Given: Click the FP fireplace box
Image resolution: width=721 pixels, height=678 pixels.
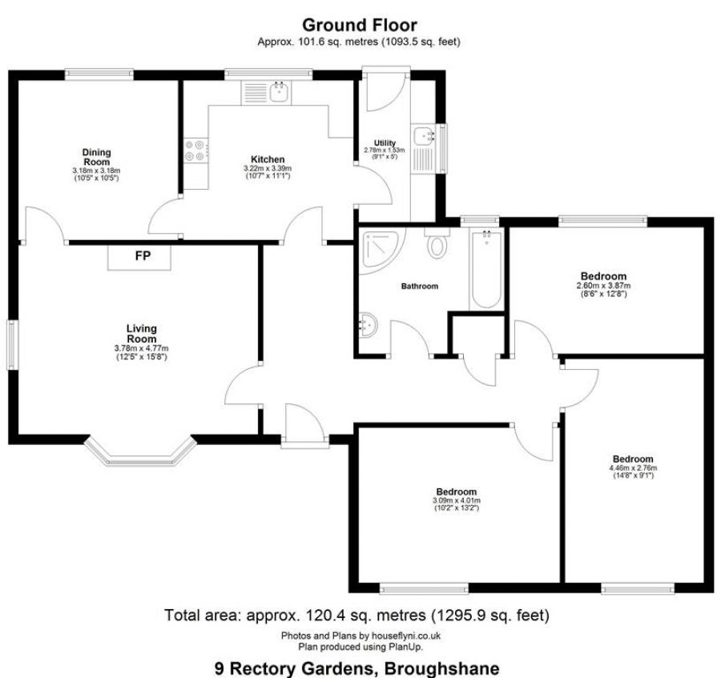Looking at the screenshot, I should (141, 257).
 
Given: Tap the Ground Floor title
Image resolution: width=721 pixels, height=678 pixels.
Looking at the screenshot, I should (359, 26).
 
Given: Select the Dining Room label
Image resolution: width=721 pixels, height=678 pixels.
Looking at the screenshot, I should (96, 156).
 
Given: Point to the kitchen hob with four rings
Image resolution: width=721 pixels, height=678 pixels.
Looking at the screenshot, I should (195, 150).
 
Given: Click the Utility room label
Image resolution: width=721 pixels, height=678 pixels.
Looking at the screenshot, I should (385, 143).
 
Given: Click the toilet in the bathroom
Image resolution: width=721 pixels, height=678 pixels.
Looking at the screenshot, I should (437, 243).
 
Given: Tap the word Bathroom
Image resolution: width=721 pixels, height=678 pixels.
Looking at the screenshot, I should (420, 286).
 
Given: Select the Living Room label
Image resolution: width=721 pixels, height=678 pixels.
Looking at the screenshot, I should (141, 333).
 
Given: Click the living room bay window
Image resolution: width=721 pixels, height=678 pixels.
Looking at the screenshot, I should (141, 452).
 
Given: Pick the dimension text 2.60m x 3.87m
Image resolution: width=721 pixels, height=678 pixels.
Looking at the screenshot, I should (603, 286).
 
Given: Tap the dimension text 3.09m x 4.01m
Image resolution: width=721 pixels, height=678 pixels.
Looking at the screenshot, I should (457, 501).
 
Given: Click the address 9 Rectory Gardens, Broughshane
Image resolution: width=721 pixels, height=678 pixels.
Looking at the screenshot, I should (357, 668).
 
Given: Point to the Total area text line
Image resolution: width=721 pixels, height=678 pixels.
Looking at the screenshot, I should (357, 616).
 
